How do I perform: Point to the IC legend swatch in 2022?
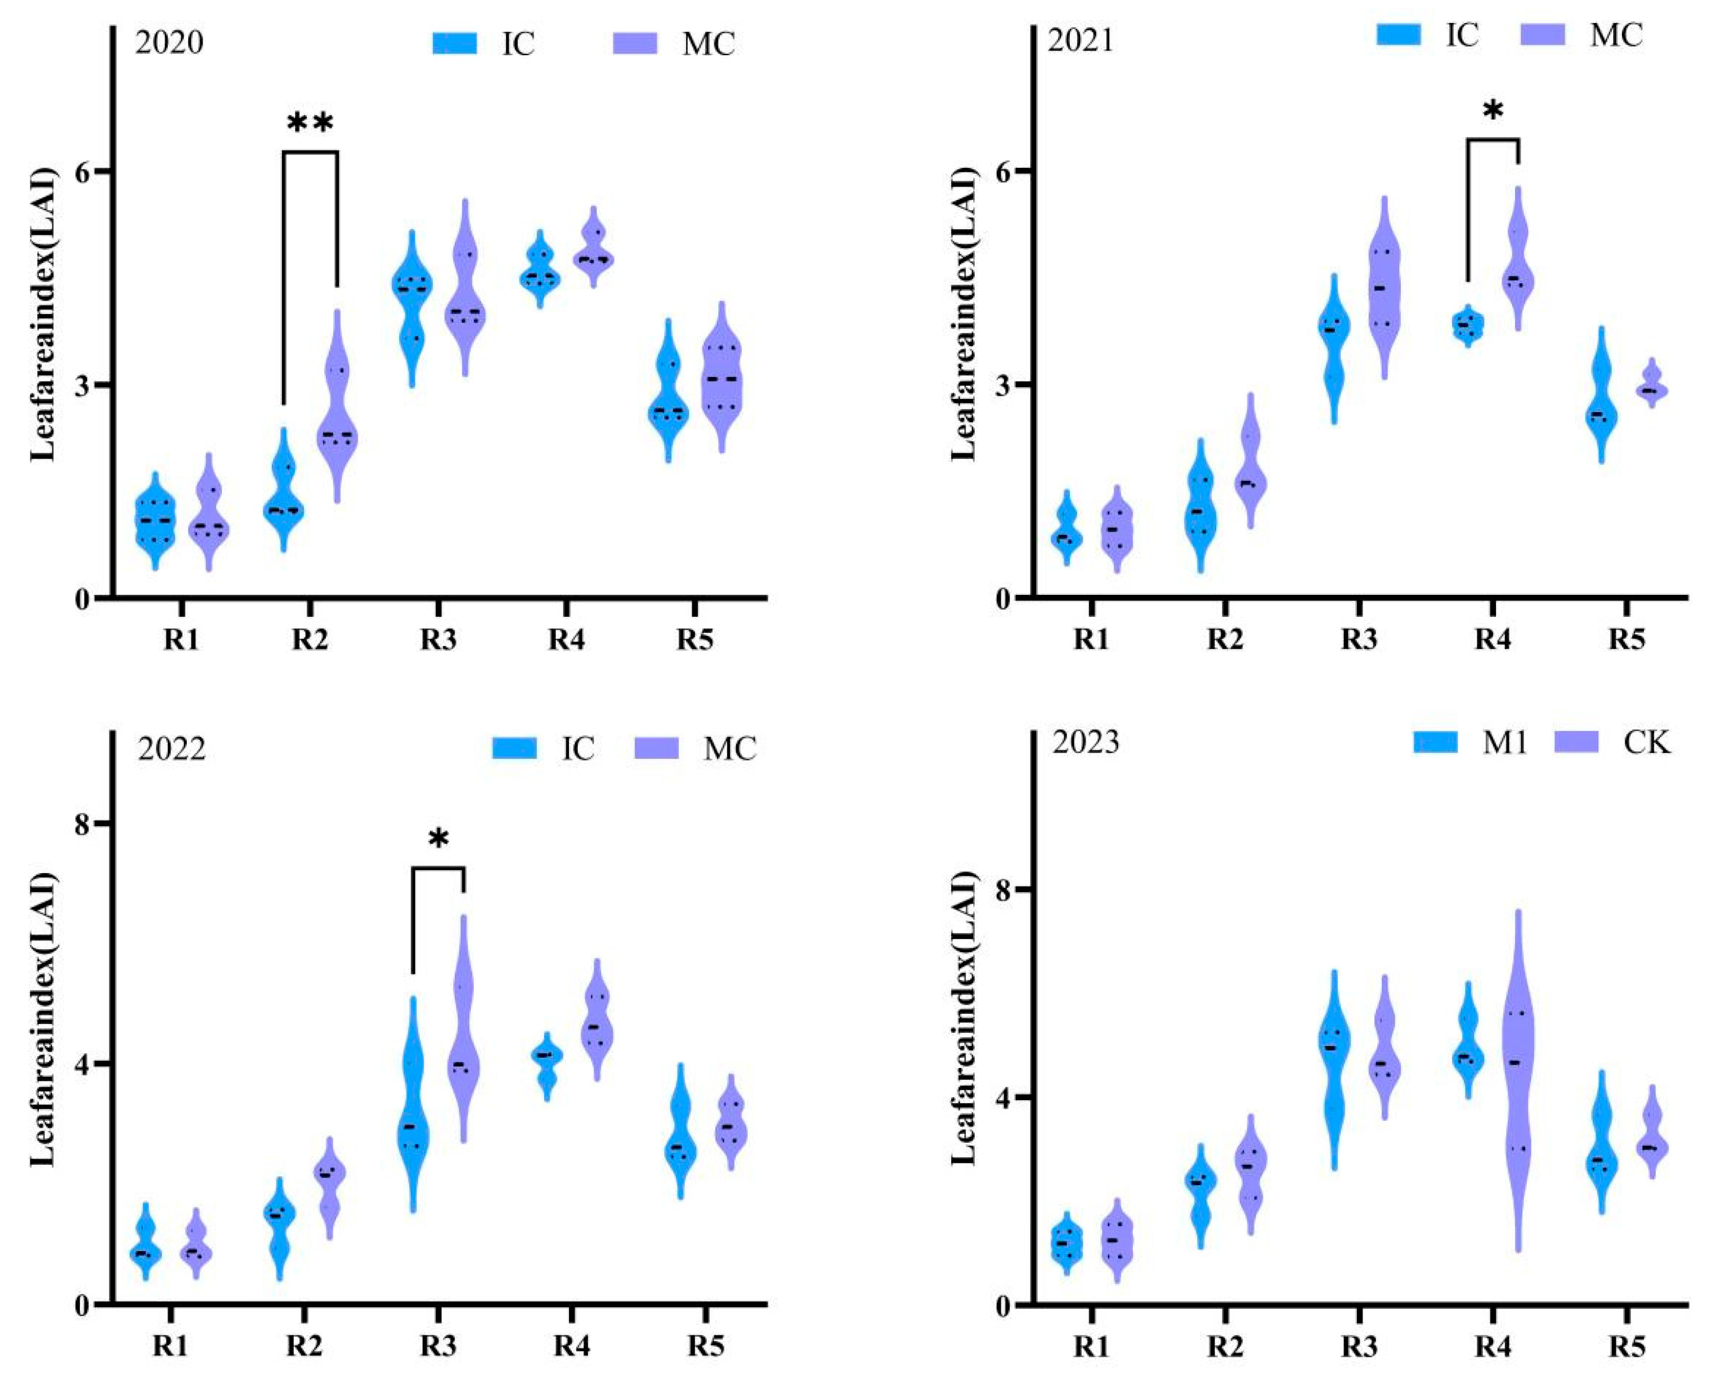pyautogui.click(x=515, y=748)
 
